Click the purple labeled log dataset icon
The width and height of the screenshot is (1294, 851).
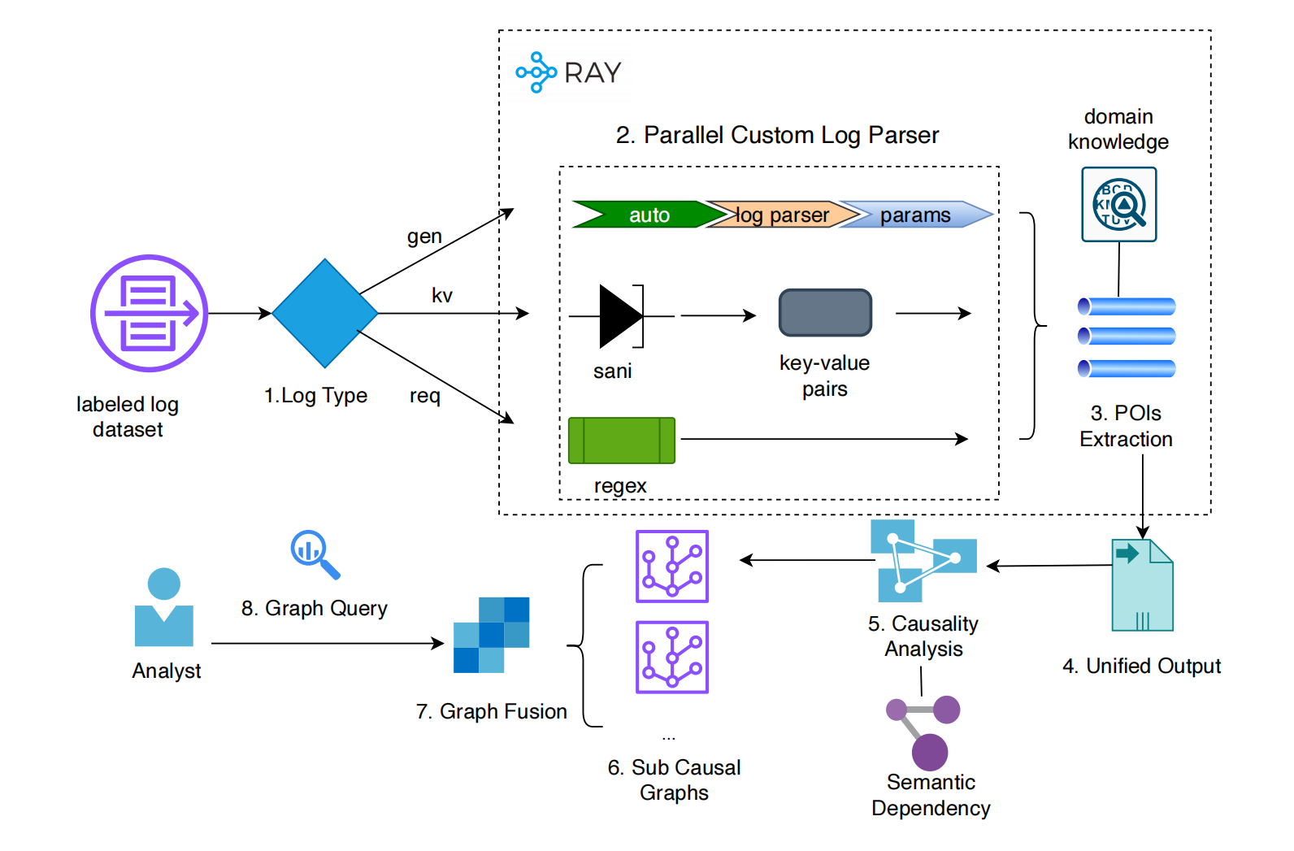(149, 313)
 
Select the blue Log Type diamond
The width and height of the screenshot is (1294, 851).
(325, 313)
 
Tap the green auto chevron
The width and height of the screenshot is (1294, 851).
(642, 215)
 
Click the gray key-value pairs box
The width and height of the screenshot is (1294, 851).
(825, 312)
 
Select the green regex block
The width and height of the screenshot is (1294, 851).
(621, 440)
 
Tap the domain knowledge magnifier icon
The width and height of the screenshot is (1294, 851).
(1118, 204)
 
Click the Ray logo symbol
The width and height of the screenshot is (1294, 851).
(536, 72)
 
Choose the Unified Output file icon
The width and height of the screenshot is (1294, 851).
(1142, 584)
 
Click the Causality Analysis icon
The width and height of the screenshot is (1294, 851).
(923, 561)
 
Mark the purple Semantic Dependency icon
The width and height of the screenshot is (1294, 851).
(924, 732)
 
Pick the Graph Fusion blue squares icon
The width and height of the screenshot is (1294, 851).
(491, 635)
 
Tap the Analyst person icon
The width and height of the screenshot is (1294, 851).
(164, 607)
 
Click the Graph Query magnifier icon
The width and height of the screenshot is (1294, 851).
(315, 554)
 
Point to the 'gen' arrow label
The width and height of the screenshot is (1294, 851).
(424, 237)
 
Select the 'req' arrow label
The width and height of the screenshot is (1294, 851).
(424, 396)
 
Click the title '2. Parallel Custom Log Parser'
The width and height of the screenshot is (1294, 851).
(777, 135)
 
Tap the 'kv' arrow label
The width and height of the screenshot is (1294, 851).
(441, 295)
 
